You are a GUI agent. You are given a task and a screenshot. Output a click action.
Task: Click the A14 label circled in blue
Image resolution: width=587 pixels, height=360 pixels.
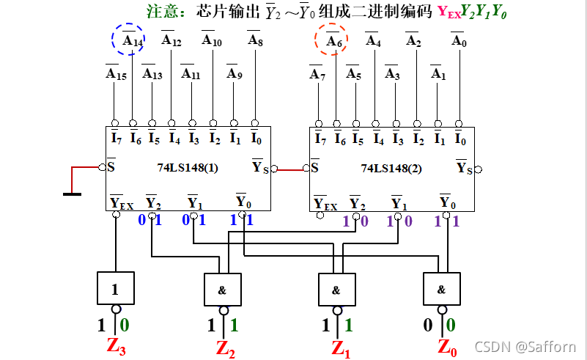132,40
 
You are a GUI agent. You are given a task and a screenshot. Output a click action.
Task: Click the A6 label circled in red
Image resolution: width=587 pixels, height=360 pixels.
334,41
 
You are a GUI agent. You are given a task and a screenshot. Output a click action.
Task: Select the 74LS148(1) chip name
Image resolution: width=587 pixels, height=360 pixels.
188,167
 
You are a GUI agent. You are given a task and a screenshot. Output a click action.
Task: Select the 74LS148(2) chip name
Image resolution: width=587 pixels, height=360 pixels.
391,167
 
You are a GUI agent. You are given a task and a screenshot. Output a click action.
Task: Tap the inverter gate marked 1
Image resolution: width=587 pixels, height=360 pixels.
115,288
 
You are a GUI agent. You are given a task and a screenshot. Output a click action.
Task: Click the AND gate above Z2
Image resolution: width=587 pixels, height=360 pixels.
221,289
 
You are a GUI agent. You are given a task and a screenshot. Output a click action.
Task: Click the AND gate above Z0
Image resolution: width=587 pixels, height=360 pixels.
441,289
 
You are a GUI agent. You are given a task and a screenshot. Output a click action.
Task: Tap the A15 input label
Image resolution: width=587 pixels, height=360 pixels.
114,73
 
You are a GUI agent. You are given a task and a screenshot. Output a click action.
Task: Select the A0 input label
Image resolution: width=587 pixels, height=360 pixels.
459,41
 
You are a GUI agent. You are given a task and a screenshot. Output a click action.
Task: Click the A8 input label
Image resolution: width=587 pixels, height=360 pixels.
255,41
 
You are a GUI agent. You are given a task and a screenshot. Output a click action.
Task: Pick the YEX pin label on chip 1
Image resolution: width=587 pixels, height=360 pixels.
121,203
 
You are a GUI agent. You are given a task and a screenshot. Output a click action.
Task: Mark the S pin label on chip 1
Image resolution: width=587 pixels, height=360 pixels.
112,167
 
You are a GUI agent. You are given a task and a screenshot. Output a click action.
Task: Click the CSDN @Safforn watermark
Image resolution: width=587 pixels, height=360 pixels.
525,347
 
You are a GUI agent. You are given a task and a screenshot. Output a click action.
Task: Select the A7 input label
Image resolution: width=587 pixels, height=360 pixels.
317,74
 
